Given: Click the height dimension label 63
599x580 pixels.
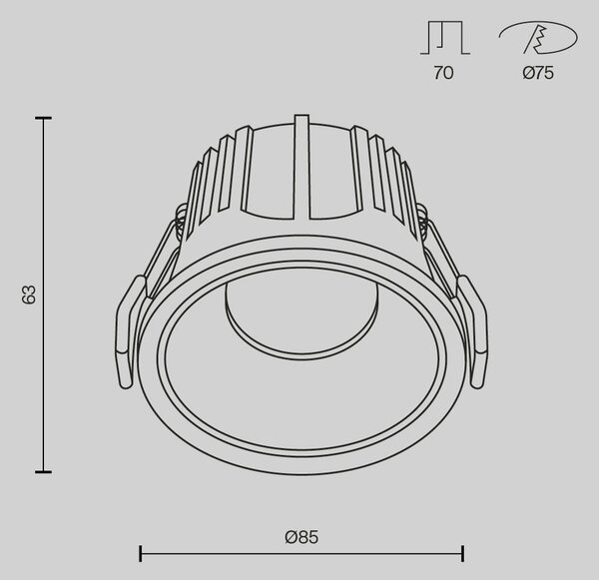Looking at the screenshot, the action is tap(29, 294).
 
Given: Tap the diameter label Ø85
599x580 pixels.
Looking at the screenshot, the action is tap(301, 537).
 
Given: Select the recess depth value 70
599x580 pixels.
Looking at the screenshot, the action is tap(443, 73).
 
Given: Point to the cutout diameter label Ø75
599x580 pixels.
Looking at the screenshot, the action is tap(538, 73).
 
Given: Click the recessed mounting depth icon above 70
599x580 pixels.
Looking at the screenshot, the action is tap(445, 38).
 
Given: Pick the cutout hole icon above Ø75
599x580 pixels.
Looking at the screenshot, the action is tap(538, 38).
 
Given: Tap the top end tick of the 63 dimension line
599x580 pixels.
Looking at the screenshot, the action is tap(43, 119).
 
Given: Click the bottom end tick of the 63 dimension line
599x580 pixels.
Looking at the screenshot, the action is tap(43, 472).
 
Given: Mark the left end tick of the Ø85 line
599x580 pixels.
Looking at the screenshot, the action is tap(141, 553).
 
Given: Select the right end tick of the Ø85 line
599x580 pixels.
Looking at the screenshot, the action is tap(463, 553).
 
